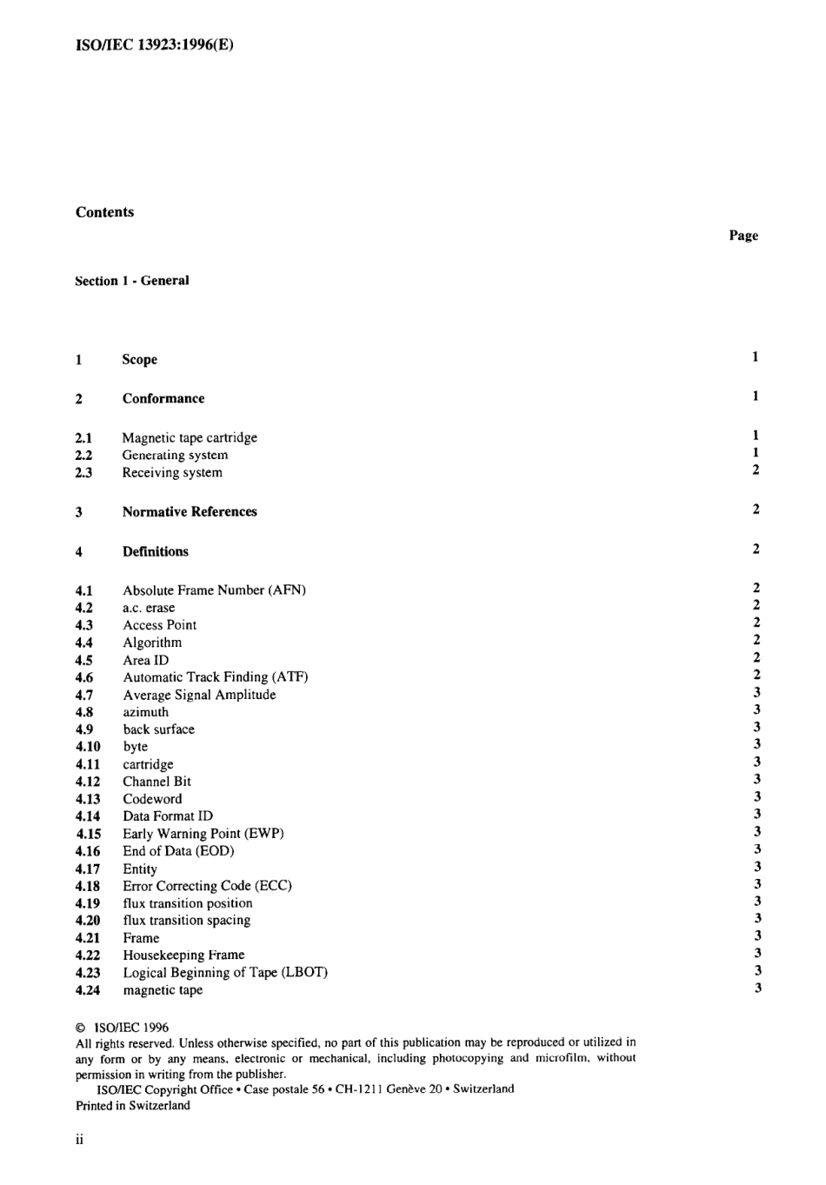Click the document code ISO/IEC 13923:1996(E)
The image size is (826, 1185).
(x=154, y=44)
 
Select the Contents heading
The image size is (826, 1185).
(x=104, y=212)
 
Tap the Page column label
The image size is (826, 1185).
(x=743, y=236)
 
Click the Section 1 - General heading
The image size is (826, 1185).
(x=131, y=281)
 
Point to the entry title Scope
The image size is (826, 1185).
(x=139, y=359)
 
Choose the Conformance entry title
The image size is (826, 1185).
(x=163, y=398)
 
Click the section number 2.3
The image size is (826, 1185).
(x=83, y=473)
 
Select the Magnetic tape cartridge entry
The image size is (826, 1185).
(x=190, y=437)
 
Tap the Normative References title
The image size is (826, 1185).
(x=190, y=512)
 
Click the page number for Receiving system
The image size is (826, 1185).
(x=756, y=470)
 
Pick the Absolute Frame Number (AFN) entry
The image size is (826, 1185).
(x=214, y=590)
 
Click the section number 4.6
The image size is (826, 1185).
(x=84, y=677)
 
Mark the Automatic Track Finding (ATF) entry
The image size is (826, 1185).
(x=215, y=677)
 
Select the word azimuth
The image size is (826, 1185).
(x=145, y=712)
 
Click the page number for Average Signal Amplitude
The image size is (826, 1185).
(x=756, y=693)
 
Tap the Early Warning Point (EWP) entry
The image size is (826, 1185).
(x=203, y=834)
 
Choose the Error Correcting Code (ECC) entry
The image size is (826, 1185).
(x=207, y=886)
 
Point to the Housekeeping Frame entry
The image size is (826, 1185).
(x=183, y=955)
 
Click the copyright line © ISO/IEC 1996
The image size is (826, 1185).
(x=122, y=1028)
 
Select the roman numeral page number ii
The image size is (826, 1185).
(x=79, y=1140)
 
